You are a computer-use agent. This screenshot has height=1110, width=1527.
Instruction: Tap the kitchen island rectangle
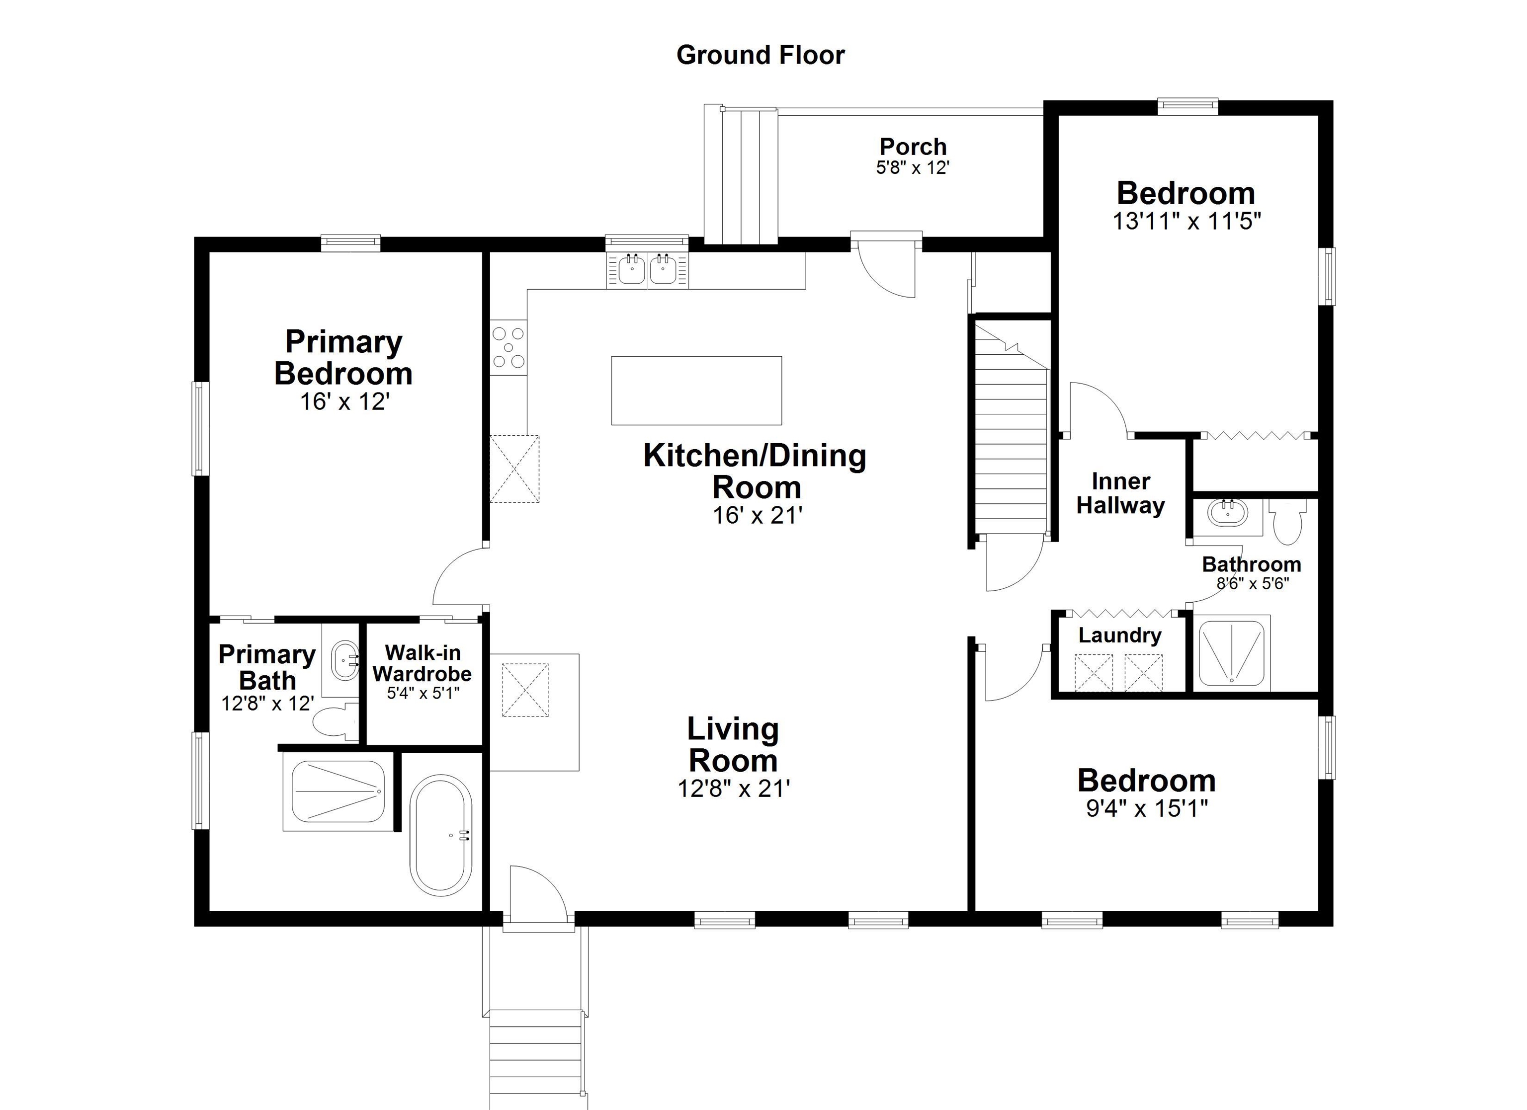point(696,391)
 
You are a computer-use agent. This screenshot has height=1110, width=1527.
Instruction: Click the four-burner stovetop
point(509,347)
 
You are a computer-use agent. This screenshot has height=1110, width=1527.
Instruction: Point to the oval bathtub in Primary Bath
point(441,835)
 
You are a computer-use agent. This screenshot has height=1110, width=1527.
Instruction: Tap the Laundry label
point(1120,635)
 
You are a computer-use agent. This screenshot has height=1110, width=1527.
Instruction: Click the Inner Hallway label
point(1120,493)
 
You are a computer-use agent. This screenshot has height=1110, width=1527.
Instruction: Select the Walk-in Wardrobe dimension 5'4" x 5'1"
point(423,693)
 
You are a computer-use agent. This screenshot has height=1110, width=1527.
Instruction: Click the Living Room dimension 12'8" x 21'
point(733,788)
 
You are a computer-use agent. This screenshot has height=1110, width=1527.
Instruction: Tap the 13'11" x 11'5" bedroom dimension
point(1187,221)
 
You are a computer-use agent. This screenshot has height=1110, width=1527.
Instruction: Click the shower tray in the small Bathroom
point(1231,652)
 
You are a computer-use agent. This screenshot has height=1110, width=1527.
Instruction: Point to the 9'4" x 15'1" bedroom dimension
point(1147,808)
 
